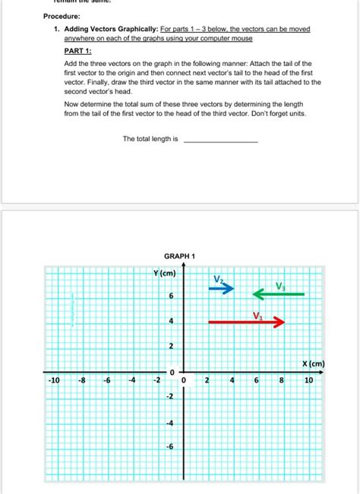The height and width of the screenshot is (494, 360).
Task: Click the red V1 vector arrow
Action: (x=245, y=323)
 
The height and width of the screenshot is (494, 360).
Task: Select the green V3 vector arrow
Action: (x=279, y=293)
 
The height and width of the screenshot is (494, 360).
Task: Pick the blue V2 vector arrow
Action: (x=222, y=288)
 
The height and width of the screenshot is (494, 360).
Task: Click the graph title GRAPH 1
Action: (x=179, y=256)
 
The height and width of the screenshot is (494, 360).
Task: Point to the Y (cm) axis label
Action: (x=164, y=273)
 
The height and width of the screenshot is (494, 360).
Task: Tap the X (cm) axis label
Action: (x=312, y=363)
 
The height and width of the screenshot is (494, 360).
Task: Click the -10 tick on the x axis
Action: (x=53, y=379)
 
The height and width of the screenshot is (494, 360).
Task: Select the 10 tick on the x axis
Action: (x=308, y=379)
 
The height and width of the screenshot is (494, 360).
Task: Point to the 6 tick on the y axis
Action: (x=171, y=295)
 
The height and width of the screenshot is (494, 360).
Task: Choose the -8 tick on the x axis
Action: (x=82, y=379)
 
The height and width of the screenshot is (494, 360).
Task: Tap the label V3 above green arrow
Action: (x=281, y=285)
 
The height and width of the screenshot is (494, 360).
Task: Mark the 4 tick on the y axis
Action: (x=171, y=322)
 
